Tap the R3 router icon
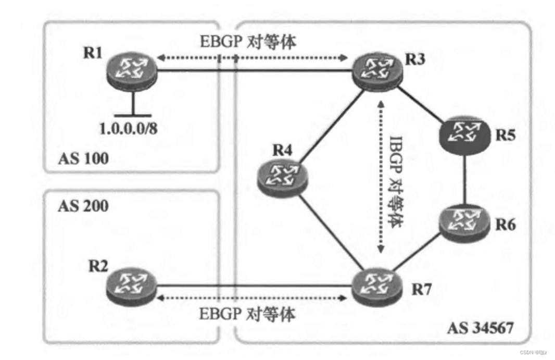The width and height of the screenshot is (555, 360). (376, 71)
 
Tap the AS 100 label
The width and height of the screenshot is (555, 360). (83, 158)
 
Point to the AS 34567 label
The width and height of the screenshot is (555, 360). (480, 328)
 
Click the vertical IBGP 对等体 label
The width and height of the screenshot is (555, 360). (397, 177)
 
